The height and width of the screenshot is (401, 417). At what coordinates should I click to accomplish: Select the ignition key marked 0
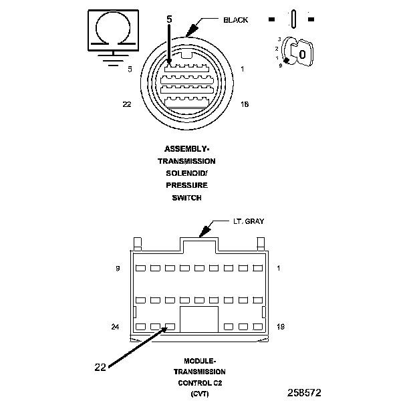[x=301, y=53]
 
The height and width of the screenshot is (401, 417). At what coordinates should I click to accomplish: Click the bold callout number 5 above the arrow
[x=169, y=20]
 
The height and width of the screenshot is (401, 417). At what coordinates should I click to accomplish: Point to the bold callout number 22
[x=100, y=366]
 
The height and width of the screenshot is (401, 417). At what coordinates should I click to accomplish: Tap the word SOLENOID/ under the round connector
[x=186, y=173]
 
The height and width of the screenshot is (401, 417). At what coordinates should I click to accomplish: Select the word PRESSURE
[x=186, y=185]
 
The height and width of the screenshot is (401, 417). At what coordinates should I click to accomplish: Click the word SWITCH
[x=186, y=197]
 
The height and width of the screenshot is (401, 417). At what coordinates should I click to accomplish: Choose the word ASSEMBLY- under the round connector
[x=186, y=149]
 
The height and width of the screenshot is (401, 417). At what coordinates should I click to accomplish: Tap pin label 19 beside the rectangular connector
[x=280, y=327]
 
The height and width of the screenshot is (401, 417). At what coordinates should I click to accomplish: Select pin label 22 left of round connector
[x=126, y=104]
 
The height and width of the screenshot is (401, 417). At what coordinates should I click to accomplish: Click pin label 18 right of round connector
[x=244, y=104]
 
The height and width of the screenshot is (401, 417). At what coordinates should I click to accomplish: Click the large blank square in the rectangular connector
[x=199, y=319]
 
